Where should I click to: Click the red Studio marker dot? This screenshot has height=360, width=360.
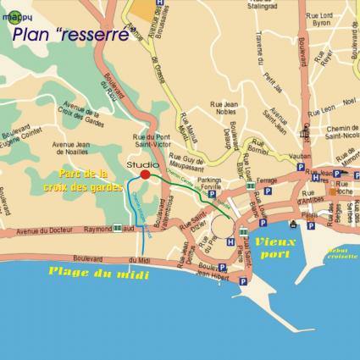tap(145, 174)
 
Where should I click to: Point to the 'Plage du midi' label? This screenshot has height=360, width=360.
tap(97, 273)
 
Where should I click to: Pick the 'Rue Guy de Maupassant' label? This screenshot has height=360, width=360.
tap(197, 163)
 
